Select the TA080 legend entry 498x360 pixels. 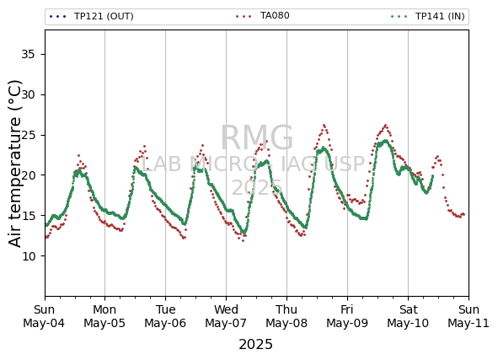263,15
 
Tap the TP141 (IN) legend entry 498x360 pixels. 428,16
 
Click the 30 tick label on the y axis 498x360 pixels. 28,94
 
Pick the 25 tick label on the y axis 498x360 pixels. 28,135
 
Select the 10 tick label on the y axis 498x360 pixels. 28,255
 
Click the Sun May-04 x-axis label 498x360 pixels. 44,316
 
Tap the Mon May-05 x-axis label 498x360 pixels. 104,316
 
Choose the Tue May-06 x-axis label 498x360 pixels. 165,316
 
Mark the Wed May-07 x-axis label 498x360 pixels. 226,316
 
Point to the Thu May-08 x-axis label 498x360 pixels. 286,316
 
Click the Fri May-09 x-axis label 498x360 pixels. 347,316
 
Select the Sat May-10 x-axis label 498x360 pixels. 408,316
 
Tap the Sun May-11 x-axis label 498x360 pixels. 469,316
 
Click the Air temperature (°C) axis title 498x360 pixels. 14,164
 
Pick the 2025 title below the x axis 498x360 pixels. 255,345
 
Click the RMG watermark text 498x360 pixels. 257,138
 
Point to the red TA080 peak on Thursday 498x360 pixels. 324,125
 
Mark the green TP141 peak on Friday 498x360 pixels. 386,141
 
